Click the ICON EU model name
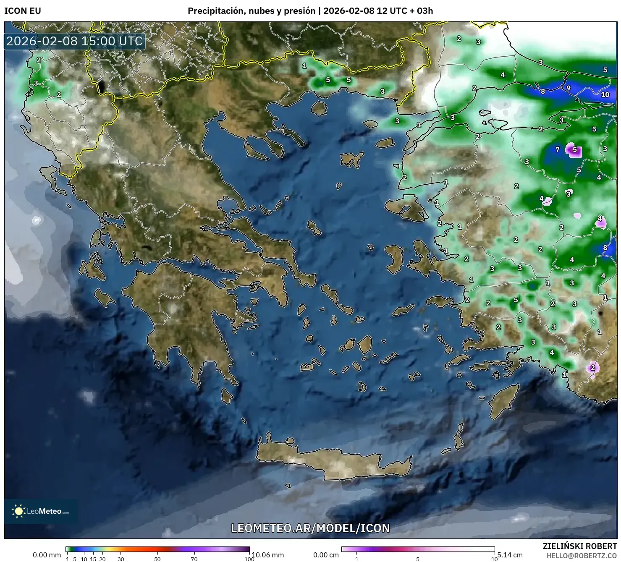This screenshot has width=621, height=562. point(23,11)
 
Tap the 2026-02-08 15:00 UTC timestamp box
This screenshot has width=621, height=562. point(74,41)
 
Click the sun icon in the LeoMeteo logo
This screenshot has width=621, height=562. point(18,511)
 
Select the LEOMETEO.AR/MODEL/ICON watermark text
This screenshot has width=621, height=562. point(310,528)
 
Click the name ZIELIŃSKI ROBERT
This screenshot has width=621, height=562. point(580,546)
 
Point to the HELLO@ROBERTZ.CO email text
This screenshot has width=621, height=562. point(582,556)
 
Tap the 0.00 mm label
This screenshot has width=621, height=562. point(47,555)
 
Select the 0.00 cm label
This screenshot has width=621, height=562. point(326,555)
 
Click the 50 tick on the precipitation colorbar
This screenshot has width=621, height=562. point(157,559)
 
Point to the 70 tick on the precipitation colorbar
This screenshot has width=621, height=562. point(194,559)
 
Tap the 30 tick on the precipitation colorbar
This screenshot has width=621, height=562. point(121,559)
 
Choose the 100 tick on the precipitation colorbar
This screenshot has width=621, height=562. point(249,559)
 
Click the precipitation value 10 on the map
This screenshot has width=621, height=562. point(605,95)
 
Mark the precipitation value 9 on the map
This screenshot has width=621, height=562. point(569,88)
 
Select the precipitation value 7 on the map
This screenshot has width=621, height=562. point(558,149)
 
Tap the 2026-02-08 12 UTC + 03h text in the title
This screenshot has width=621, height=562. point(378,11)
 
